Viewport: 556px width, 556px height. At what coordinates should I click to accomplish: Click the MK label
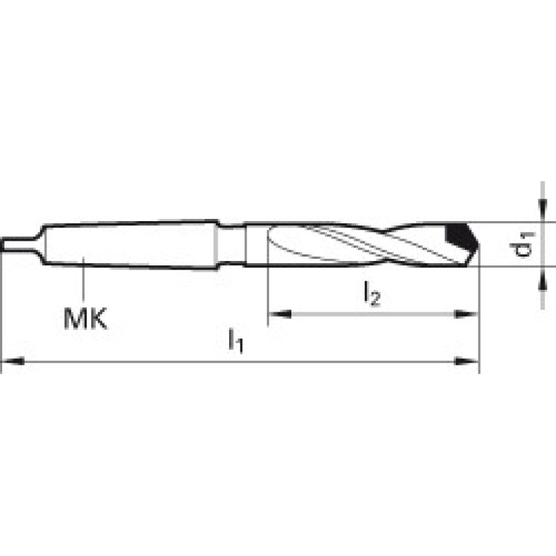(85, 318)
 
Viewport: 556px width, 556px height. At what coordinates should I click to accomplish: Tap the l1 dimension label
(236, 341)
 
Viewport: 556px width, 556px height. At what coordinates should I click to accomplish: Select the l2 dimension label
(372, 294)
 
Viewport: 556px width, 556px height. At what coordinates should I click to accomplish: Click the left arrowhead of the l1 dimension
(13, 362)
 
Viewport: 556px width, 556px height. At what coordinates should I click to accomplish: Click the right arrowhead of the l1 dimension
(467, 362)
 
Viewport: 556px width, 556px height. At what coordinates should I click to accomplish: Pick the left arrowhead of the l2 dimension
(280, 314)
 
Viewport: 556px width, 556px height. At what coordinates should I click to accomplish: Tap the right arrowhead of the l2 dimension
(467, 314)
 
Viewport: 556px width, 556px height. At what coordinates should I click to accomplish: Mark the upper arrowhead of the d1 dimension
(542, 209)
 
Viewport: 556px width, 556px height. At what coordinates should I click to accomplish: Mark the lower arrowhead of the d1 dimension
(542, 278)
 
